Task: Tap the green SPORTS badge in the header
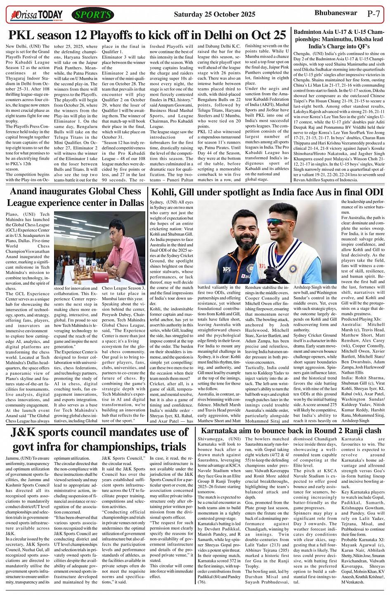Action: (x=93, y=15)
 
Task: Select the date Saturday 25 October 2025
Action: (x=215, y=15)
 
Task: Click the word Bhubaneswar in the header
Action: (x=336, y=13)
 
